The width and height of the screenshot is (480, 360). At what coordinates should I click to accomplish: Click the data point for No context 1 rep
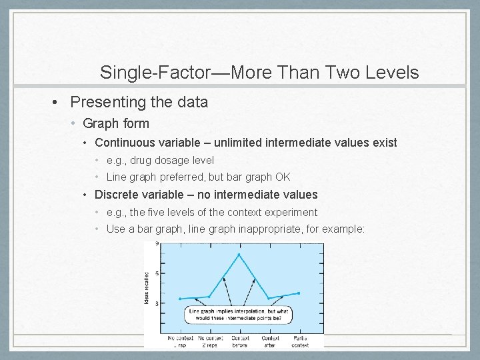tap(179, 299)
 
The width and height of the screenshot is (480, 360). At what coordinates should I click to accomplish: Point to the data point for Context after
tap(269, 298)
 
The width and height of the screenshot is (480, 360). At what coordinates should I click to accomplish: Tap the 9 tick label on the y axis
tap(157, 245)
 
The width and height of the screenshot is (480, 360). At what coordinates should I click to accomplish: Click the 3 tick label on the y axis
tap(157, 304)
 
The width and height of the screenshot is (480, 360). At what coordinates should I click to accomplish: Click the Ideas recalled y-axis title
tap(147, 287)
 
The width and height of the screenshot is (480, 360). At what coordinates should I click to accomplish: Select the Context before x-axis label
tap(239, 342)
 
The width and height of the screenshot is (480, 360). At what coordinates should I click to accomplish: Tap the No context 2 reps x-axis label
tap(209, 342)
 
